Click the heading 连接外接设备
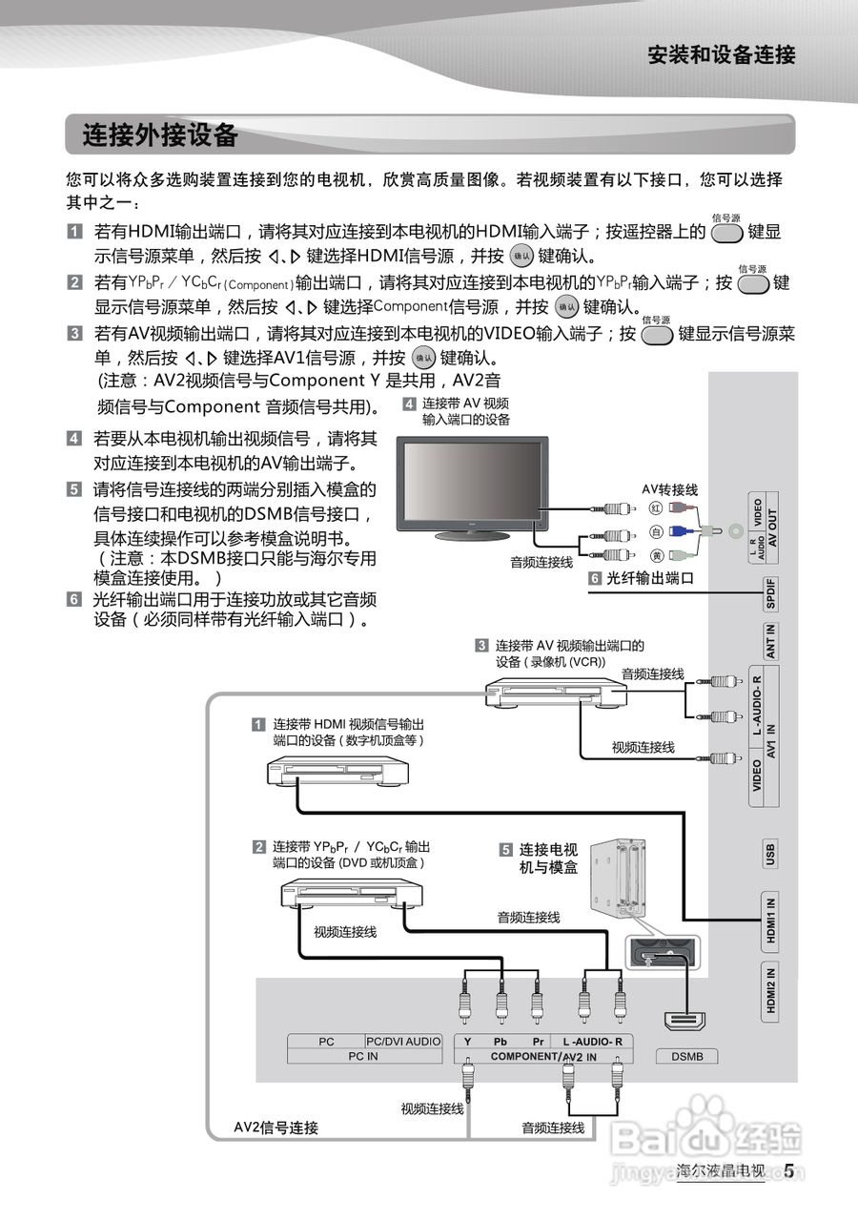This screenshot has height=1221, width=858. (x=159, y=135)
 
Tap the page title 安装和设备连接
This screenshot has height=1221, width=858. (x=721, y=54)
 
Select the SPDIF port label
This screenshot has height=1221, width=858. (x=771, y=593)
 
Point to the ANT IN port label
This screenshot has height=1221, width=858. (x=771, y=641)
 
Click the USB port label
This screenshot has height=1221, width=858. (x=770, y=854)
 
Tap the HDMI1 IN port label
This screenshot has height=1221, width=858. (x=770, y=921)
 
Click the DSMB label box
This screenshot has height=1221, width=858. (x=686, y=1056)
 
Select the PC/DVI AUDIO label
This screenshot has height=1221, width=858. (x=403, y=1042)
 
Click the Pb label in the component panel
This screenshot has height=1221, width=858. (x=500, y=1042)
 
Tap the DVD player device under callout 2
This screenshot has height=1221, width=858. (x=351, y=895)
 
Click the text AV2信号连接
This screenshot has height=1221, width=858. (x=276, y=1128)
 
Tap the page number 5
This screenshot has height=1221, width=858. (x=789, y=1171)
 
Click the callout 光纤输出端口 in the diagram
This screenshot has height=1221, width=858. (x=648, y=578)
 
